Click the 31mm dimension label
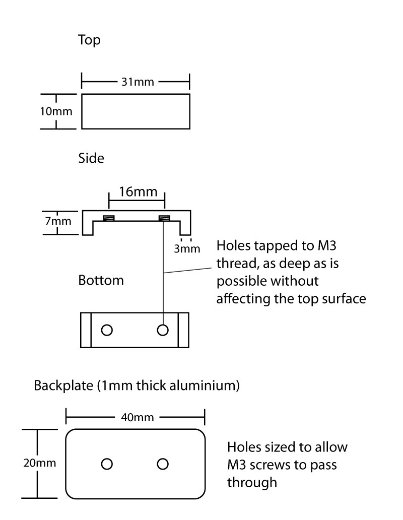135,81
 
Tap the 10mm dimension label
56,111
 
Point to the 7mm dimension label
57,221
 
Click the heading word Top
89,40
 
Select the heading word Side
91,158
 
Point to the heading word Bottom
101,281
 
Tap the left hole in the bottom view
106,330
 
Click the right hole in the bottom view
162,330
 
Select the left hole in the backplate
106,464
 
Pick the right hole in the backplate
162,464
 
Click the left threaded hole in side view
108,218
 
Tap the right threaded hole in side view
164,218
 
